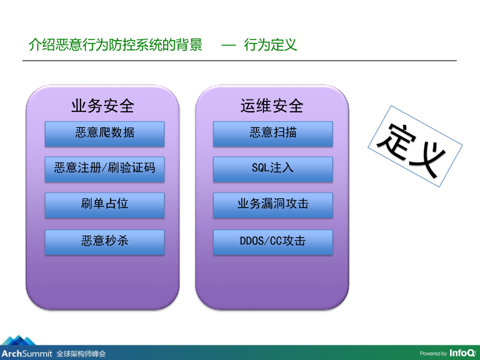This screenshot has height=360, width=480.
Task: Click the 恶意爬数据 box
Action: pyautogui.click(x=105, y=134)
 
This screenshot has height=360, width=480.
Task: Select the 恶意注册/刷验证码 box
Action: pyautogui.click(x=105, y=169)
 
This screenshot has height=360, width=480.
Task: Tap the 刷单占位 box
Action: pyautogui.click(x=105, y=205)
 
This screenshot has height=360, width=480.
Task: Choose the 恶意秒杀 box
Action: pyautogui.click(x=105, y=242)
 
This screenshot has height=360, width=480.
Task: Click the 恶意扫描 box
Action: pyautogui.click(x=273, y=134)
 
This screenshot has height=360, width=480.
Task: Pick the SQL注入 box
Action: pyautogui.click(x=273, y=169)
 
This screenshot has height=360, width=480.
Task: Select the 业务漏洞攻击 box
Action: pyautogui.click(x=273, y=205)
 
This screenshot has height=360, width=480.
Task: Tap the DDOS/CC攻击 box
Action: pyautogui.click(x=273, y=242)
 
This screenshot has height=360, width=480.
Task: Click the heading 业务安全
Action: pyautogui.click(x=103, y=106)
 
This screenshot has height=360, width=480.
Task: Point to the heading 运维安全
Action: pyautogui.click(x=272, y=106)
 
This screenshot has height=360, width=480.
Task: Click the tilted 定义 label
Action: pyautogui.click(x=415, y=146)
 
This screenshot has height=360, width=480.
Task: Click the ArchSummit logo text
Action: pyautogui.click(x=27, y=353)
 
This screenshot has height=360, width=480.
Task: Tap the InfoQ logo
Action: pyautogui.click(x=463, y=353)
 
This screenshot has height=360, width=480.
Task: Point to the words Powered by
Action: pyautogui.click(x=433, y=353)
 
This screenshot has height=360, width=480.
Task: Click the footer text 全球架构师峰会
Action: pyautogui.click(x=81, y=354)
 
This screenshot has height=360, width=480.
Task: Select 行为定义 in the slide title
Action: pyautogui.click(x=270, y=45)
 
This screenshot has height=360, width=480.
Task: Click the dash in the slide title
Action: pyautogui.click(x=229, y=45)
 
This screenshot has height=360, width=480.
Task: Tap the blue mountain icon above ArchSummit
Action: pyautogui.click(x=19, y=340)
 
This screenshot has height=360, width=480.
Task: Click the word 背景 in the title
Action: pyautogui.click(x=189, y=45)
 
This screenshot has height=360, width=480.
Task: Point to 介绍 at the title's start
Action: pyautogui.click(x=42, y=45)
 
